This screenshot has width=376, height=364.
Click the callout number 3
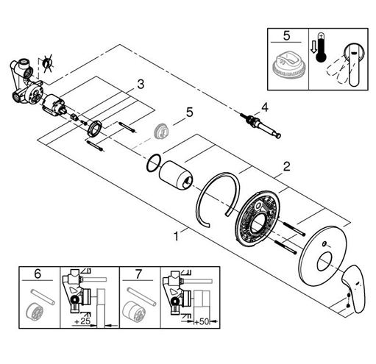click(141, 85)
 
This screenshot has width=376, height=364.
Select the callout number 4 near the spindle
click(265, 107)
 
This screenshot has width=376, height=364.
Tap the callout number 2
click(286, 167)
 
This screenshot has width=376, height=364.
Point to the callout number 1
click(176, 236)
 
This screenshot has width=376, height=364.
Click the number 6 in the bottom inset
click(38, 274)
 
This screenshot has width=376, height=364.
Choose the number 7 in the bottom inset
click(138, 274)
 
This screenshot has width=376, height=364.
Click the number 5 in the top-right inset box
click(286, 36)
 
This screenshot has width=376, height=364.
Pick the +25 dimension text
click(82, 321)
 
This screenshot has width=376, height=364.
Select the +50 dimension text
click(202, 321)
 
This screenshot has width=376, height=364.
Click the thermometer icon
click(321, 48)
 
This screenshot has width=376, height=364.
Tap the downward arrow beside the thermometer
click(313, 48)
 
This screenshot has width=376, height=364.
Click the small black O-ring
click(154, 163)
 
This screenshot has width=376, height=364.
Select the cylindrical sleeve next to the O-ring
click(176, 175)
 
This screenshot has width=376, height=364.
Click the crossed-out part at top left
click(49, 64)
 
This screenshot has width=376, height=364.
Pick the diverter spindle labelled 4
click(260, 125)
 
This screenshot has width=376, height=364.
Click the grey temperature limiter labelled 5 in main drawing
click(160, 131)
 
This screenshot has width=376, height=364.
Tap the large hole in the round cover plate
click(324, 263)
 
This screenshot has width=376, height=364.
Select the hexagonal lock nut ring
click(94, 128)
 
